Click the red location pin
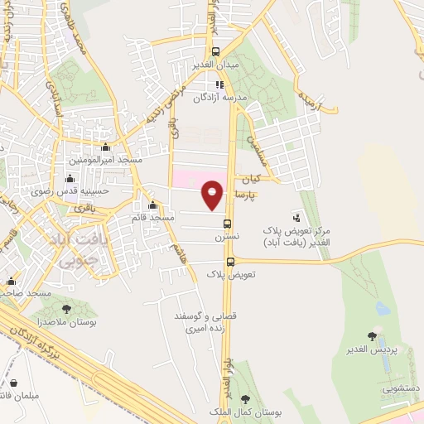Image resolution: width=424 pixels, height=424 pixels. point(213,193)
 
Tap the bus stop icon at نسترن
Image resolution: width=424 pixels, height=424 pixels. point(227,223)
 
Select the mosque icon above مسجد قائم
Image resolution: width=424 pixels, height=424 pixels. point(152,205)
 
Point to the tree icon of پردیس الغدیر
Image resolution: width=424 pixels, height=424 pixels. point(371,336)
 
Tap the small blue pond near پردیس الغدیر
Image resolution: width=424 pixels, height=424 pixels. point(382,309)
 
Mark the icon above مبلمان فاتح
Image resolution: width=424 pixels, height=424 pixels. point(15,383)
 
